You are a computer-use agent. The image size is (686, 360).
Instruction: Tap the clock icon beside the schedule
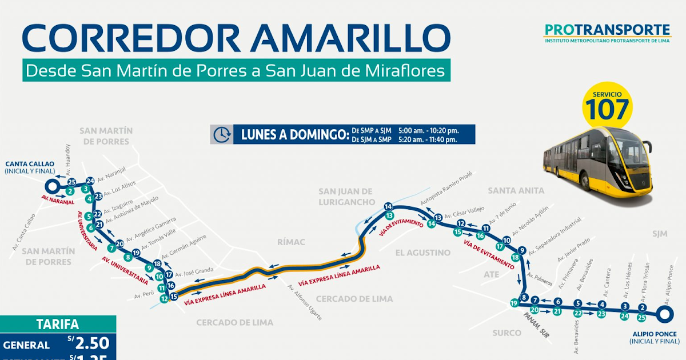(x=221, y=134)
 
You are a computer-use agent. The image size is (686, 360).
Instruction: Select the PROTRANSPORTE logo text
(x=607, y=30)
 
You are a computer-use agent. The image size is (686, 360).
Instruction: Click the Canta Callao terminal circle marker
(x=51, y=186)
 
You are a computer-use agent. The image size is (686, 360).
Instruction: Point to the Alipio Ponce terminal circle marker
(x=664, y=314)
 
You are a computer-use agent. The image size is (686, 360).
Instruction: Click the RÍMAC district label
(x=291, y=242)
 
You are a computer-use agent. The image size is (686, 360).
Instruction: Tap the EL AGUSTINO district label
(x=423, y=253)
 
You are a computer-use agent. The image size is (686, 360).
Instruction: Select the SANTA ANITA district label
(x=516, y=190)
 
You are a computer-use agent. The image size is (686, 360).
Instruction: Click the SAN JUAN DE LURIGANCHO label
(x=346, y=197)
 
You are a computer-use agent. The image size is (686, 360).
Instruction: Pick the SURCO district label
(x=506, y=333)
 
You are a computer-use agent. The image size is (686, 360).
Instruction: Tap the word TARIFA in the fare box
(x=58, y=325)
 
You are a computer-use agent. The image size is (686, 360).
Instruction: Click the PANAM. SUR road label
(x=536, y=325)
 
